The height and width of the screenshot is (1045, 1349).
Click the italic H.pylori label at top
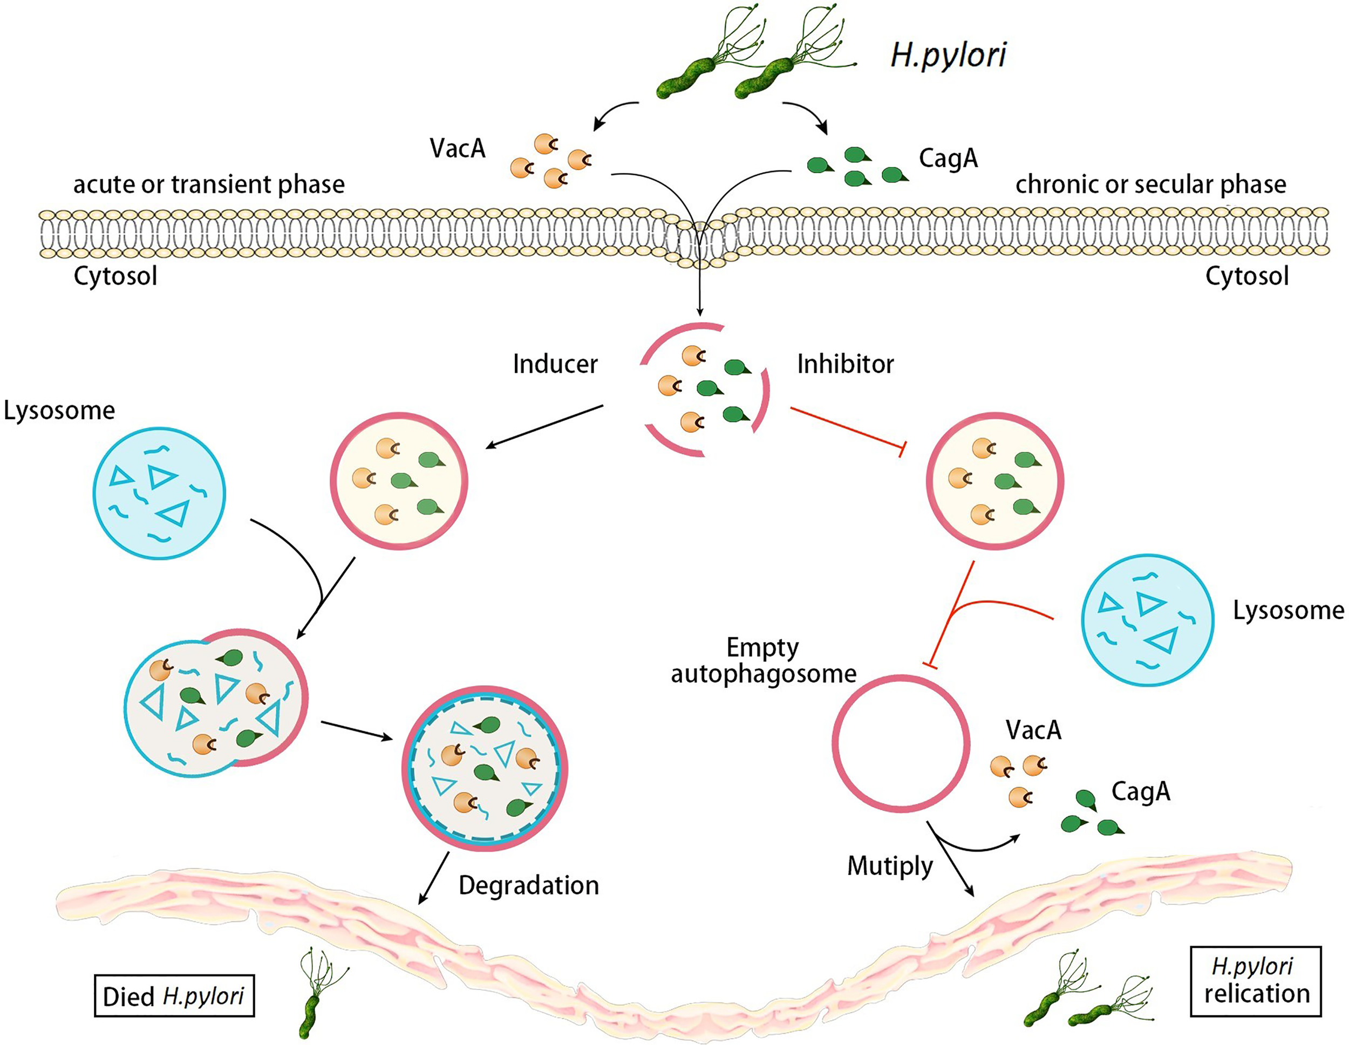tap(948, 56)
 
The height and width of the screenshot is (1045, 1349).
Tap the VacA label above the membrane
tap(458, 148)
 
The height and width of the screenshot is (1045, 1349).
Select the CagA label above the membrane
tap(948, 158)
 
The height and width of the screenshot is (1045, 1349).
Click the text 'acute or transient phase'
tap(209, 184)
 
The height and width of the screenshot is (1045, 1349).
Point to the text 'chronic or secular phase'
tap(1151, 184)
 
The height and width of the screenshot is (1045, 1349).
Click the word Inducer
tap(555, 364)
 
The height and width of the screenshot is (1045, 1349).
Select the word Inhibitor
tap(845, 364)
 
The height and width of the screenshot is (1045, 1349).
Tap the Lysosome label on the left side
tap(59, 411)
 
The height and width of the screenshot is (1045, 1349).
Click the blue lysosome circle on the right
tap(1147, 619)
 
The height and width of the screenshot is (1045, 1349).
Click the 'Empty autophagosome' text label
tap(764, 661)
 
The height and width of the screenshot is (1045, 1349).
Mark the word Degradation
tap(529, 885)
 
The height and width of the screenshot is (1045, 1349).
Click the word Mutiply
tap(889, 865)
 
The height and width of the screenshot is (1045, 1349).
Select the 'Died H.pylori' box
tap(174, 995)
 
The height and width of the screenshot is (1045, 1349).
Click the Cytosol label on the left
tap(115, 276)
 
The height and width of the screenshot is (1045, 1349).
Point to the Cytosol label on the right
tap(1246, 276)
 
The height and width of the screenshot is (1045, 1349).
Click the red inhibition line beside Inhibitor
tap(846, 426)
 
